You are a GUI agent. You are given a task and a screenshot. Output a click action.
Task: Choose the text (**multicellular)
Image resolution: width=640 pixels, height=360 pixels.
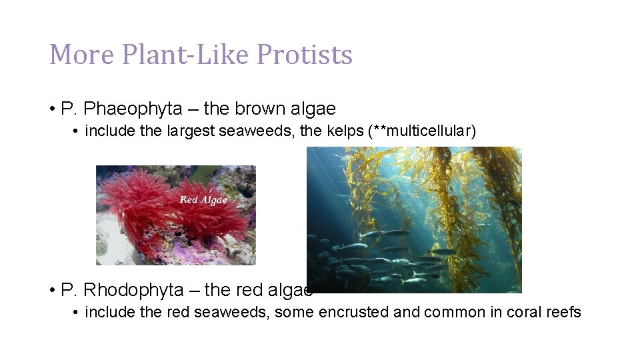422,131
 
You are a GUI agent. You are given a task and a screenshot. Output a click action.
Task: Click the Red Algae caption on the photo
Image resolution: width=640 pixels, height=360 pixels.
203,199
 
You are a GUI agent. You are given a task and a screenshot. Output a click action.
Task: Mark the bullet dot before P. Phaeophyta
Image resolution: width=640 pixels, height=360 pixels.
51,109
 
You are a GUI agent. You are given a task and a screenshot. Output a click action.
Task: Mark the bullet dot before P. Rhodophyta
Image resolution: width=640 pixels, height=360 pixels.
51,291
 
